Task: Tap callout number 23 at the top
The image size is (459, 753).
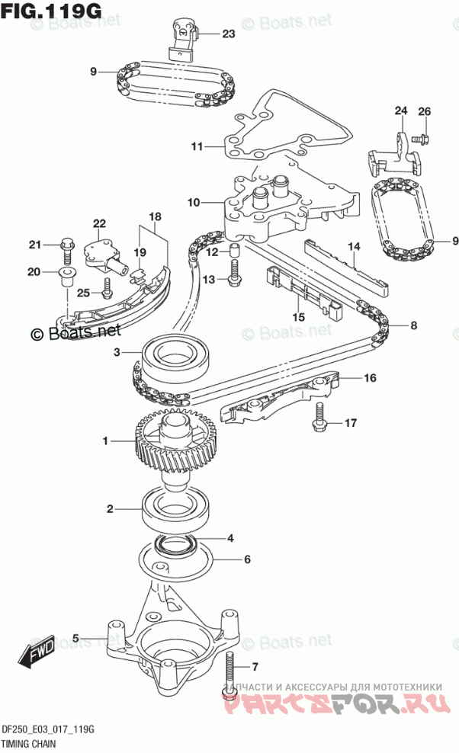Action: tap(230, 34)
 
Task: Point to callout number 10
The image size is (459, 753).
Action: tap(193, 203)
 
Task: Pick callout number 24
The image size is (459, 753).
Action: tap(401, 111)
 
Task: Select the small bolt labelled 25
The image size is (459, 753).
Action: tap(108, 289)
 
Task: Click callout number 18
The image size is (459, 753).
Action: tap(155, 217)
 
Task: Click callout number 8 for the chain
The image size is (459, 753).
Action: tap(412, 326)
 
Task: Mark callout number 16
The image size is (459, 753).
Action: tap(370, 377)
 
